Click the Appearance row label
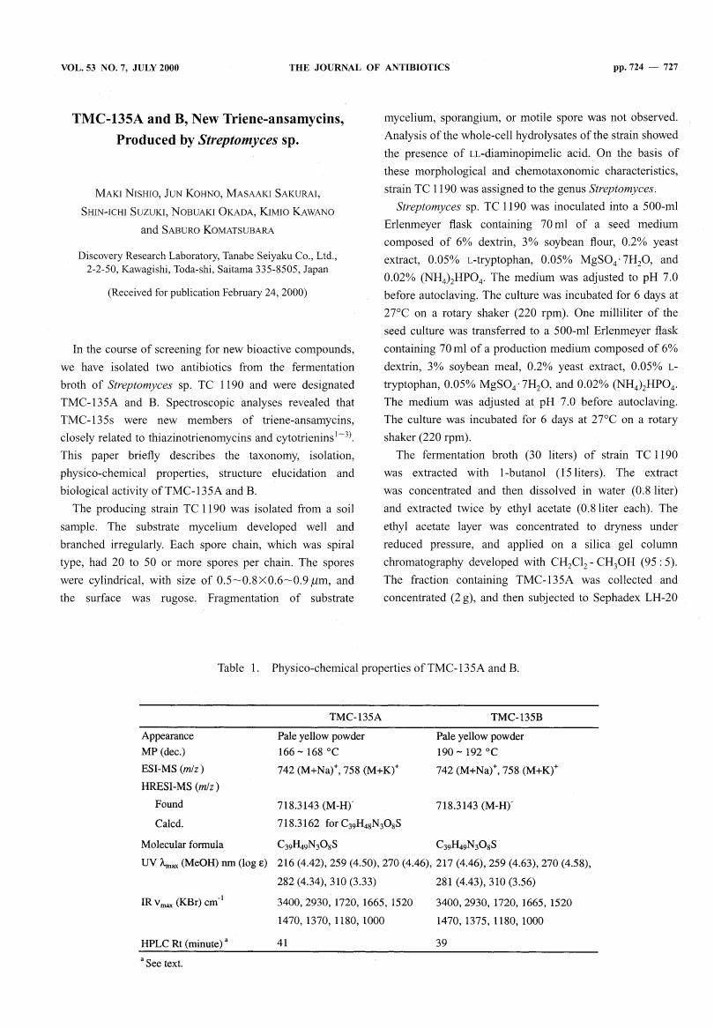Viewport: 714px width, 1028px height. (x=167, y=735)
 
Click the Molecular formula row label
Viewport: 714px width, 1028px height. (x=182, y=844)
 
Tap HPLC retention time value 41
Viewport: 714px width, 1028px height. (x=283, y=943)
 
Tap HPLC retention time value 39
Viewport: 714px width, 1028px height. (x=442, y=943)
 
